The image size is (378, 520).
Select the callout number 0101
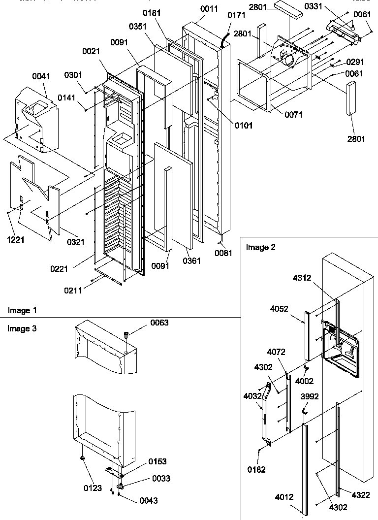click(x=243, y=126)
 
